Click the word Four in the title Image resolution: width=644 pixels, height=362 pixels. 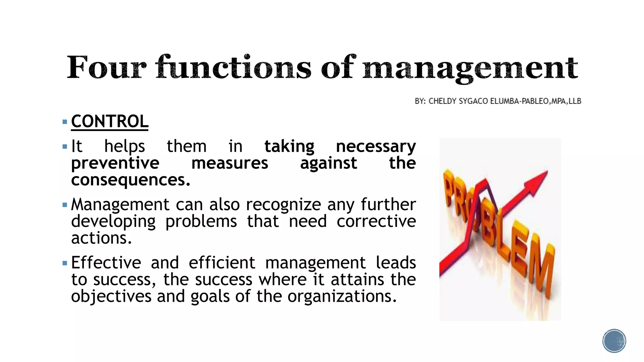pyautogui.click(x=106, y=68)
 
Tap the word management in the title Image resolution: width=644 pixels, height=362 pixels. pyautogui.click(x=470, y=69)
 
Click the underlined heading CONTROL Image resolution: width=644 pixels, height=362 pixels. pyautogui.click(x=110, y=121)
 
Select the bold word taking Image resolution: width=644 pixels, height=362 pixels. pyautogui.click(x=289, y=146)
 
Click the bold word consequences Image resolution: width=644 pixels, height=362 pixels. pyautogui.click(x=130, y=180)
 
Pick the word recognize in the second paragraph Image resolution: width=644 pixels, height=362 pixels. pyautogui.click(x=283, y=205)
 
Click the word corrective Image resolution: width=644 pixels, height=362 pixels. pyautogui.click(x=376, y=221)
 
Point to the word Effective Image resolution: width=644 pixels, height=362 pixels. pyautogui.click(x=106, y=263)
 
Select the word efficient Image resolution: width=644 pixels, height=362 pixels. pyautogui.click(x=222, y=263)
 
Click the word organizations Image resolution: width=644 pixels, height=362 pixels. pyautogui.click(x=342, y=296)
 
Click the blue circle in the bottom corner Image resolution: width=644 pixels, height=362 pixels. pyautogui.click(x=614, y=341)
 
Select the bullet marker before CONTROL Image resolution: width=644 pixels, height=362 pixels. pyautogui.click(x=65, y=122)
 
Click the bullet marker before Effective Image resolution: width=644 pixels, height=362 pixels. pyautogui.click(x=65, y=263)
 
